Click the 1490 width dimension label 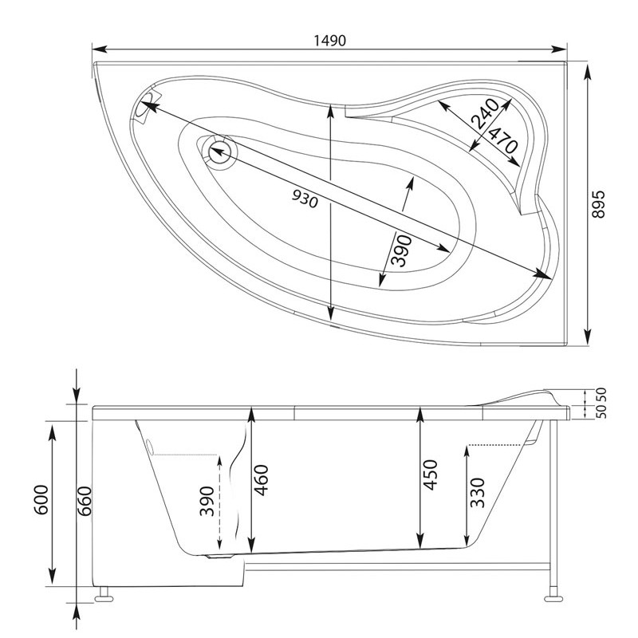point(329,41)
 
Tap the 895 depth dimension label point(599,204)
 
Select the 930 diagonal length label point(305,199)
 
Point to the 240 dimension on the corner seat point(485,113)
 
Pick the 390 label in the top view point(401,250)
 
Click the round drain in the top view point(220,152)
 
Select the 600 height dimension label point(41,500)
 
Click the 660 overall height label point(85,501)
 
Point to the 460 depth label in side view point(261,480)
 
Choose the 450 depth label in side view point(430,475)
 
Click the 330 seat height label point(477,493)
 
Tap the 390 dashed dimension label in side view point(207,501)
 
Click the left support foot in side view point(104,595)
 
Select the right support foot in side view point(553,594)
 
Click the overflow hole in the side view point(150,447)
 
